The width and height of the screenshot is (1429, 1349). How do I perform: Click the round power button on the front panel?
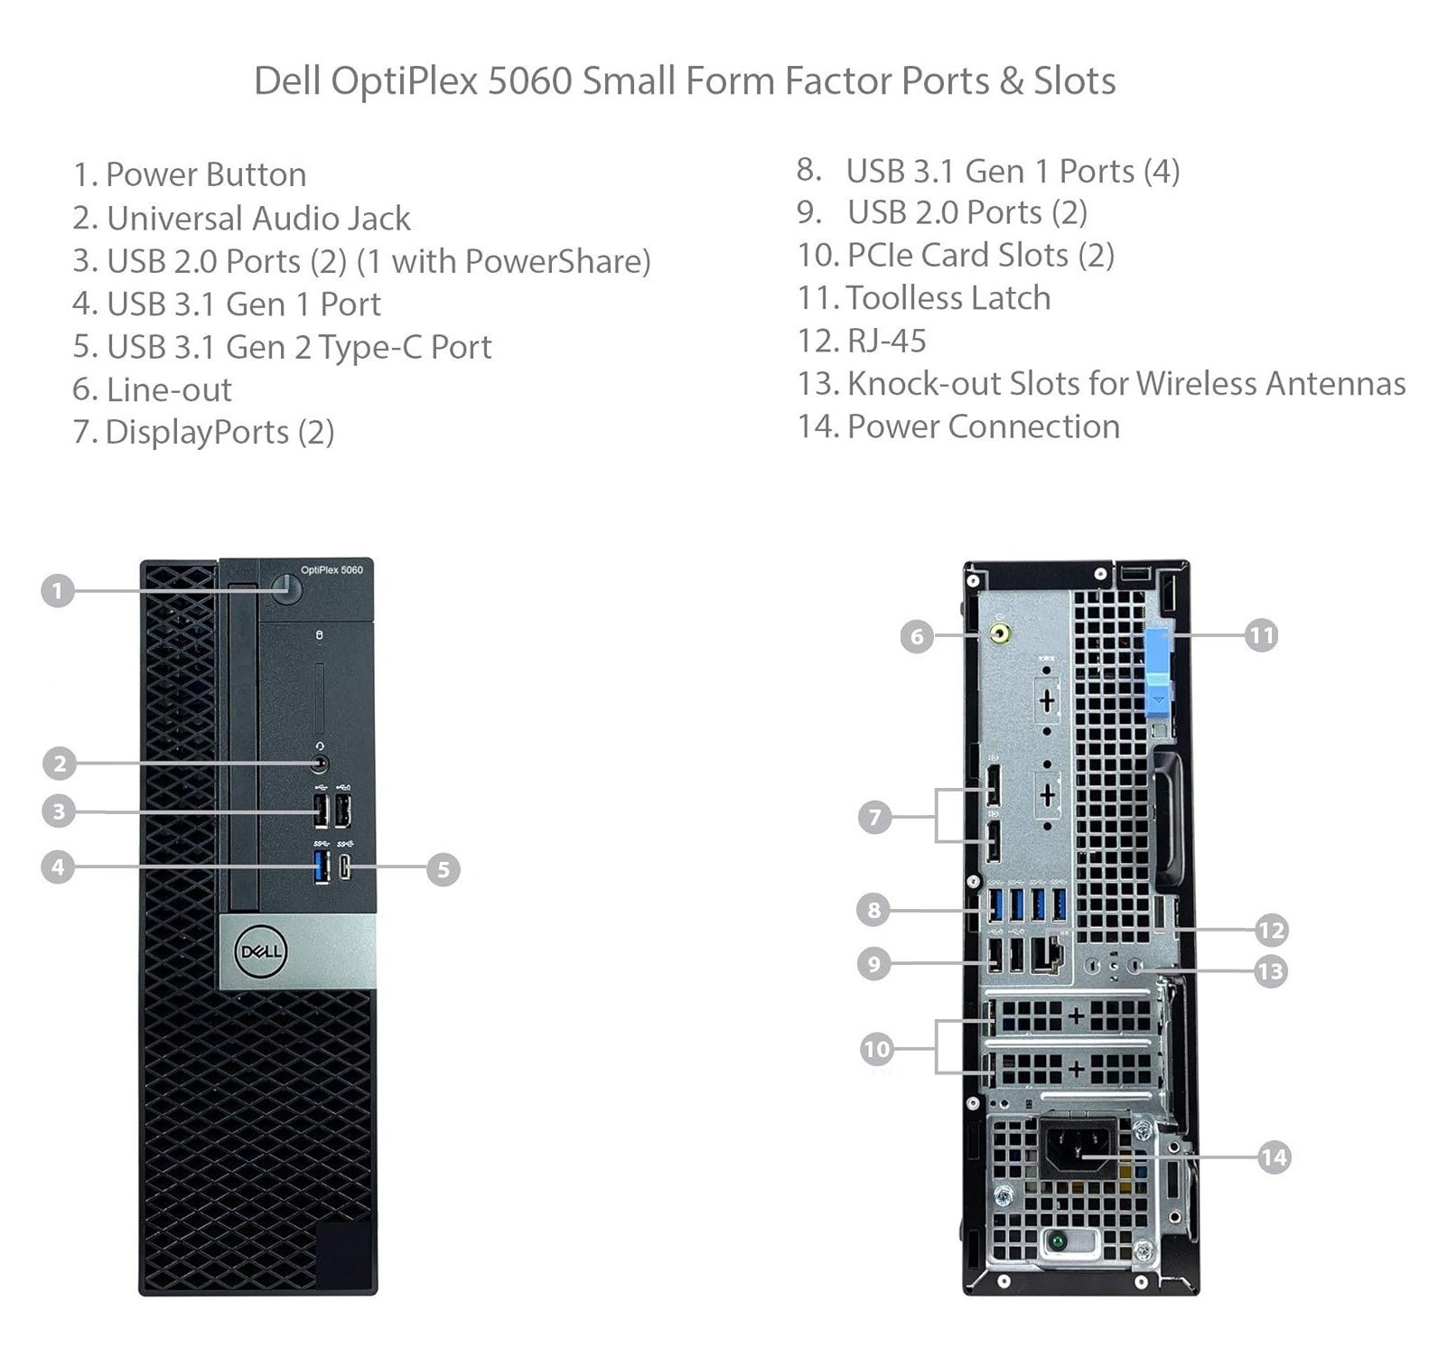click(x=287, y=590)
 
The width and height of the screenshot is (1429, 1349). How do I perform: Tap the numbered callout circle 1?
click(x=58, y=591)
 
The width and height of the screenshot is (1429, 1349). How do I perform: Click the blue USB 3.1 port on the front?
click(x=321, y=867)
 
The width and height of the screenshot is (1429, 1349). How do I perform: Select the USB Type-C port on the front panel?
click(x=345, y=867)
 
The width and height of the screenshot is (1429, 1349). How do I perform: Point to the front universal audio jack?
click(x=320, y=763)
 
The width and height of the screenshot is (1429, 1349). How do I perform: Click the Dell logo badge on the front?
click(x=260, y=951)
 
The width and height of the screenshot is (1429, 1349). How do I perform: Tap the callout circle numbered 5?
click(x=443, y=869)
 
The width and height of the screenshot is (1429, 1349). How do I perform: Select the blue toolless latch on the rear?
click(x=1159, y=672)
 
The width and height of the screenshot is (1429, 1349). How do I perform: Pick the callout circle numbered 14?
click(x=1274, y=1157)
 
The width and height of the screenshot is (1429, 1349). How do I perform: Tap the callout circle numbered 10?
click(x=876, y=1048)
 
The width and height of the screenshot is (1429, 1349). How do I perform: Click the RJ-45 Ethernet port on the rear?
click(x=1048, y=955)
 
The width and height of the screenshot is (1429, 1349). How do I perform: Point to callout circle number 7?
click(x=874, y=817)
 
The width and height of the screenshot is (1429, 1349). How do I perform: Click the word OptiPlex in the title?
click(x=404, y=81)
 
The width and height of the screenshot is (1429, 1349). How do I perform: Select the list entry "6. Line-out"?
click(x=152, y=389)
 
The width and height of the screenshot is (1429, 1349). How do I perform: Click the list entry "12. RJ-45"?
click(x=862, y=341)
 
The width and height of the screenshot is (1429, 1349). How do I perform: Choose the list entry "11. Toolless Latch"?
click(x=924, y=298)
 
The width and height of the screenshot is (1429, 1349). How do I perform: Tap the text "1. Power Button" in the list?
click(x=190, y=174)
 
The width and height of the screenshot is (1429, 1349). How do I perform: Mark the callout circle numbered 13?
click(x=1270, y=971)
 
